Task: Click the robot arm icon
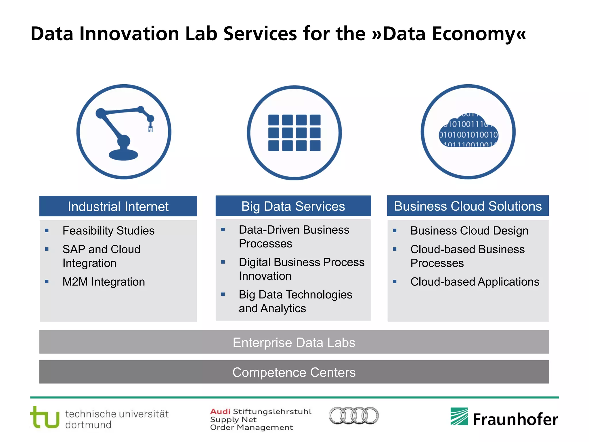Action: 124,132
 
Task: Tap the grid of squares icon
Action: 294,133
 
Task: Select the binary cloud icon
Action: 468,132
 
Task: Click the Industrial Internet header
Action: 118,206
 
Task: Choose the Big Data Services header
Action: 293,206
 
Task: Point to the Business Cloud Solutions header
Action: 468,206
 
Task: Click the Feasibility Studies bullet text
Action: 108,231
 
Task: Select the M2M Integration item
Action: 104,282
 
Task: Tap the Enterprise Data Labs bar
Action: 294,342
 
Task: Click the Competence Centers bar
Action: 294,372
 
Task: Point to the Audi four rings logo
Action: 354,416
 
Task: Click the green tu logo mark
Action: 45,418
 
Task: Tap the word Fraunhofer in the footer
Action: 515,419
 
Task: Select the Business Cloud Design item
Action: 469,231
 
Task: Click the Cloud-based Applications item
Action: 475,282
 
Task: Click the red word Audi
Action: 220,411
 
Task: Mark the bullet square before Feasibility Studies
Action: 47,230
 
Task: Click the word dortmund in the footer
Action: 88,425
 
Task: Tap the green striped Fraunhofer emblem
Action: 459,416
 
